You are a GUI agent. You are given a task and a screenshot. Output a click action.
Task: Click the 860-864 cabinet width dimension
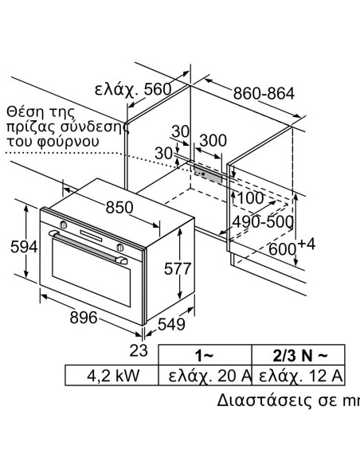pyautogui.click(x=264, y=94)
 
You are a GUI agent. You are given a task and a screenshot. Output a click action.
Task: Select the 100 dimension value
pyautogui.click(x=250, y=197)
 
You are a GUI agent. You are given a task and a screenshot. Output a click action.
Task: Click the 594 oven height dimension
pyautogui.click(x=18, y=248)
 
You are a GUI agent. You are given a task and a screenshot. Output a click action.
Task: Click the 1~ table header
pyautogui.click(x=205, y=354)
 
